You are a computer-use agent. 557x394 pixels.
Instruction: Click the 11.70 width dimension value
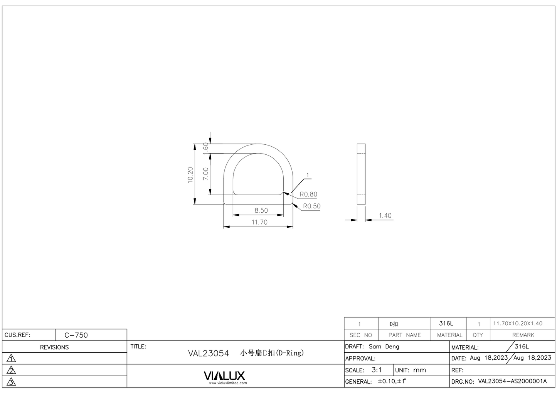pyautogui.click(x=259, y=222)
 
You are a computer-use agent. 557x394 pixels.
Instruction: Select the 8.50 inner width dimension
pyautogui.click(x=261, y=211)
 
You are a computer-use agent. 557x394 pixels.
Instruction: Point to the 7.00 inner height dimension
pyautogui.click(x=206, y=174)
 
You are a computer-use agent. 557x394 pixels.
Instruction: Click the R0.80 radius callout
pyautogui.click(x=308, y=194)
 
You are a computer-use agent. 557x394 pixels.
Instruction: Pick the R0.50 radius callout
pyautogui.click(x=311, y=206)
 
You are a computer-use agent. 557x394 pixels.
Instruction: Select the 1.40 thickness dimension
pyautogui.click(x=385, y=216)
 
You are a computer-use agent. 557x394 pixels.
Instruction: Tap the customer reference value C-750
pyautogui.click(x=76, y=335)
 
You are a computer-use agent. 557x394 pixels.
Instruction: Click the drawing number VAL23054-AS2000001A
pyautogui.click(x=512, y=382)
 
